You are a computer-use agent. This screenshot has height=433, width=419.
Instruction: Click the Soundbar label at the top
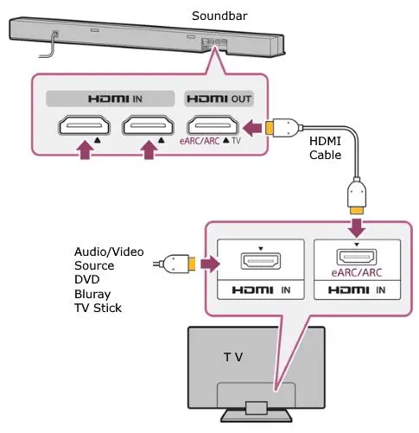(x=219, y=16)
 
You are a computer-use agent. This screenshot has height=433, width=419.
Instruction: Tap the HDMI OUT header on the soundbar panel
(x=219, y=99)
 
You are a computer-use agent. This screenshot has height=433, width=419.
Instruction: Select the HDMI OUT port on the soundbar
(x=213, y=125)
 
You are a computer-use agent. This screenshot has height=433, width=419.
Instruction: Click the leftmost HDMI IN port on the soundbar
(x=84, y=125)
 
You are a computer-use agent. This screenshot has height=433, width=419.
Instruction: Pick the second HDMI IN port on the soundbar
(x=148, y=125)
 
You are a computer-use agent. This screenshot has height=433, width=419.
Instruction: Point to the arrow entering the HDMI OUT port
(x=252, y=128)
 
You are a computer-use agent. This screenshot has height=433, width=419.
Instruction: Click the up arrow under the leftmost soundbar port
(x=85, y=150)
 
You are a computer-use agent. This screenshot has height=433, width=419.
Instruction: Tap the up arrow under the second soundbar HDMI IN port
(x=149, y=150)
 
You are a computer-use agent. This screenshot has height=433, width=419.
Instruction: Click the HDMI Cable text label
(x=326, y=148)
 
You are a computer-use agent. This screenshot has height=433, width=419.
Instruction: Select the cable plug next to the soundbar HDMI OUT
(x=283, y=128)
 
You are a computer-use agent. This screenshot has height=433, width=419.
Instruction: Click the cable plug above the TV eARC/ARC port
(x=357, y=195)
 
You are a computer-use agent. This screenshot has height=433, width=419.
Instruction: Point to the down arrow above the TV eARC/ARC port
(x=357, y=227)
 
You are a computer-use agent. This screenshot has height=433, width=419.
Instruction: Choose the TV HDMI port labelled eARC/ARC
(x=357, y=258)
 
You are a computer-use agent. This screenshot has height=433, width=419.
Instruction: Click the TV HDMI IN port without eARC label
(x=261, y=261)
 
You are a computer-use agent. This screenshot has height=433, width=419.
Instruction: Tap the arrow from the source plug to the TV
(x=210, y=264)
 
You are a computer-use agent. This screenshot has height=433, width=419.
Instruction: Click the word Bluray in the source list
(x=92, y=295)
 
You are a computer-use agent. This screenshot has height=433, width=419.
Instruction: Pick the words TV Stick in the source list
(x=98, y=308)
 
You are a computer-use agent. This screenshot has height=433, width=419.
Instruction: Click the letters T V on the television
(x=233, y=357)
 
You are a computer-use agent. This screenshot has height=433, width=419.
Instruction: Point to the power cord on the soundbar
(x=50, y=46)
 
